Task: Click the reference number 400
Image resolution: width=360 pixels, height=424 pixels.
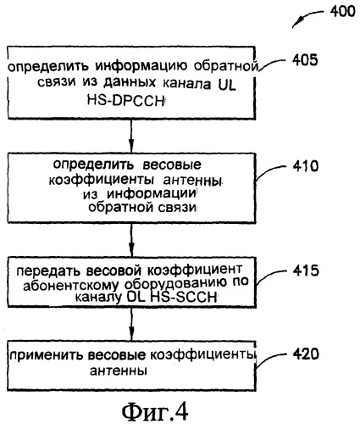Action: click(342, 12)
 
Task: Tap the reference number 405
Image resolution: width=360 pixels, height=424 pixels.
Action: click(305, 60)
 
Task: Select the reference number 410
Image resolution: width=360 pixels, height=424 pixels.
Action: click(306, 166)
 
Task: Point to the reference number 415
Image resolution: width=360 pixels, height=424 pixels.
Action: click(306, 271)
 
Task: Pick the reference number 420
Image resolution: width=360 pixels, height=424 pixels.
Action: click(306, 354)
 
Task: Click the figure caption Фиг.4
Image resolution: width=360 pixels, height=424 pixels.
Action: click(155, 411)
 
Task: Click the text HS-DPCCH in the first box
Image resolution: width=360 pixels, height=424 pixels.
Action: click(125, 100)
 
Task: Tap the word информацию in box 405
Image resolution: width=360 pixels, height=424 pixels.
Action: click(141, 66)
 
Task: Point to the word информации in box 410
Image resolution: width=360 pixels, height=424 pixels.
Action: click(152, 194)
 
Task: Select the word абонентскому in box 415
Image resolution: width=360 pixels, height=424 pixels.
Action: click(71, 285)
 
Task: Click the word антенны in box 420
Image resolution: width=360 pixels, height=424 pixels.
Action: click(119, 371)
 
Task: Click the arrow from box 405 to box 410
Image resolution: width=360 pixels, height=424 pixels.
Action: click(131, 136)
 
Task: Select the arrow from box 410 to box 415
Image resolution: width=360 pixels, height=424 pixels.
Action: click(131, 240)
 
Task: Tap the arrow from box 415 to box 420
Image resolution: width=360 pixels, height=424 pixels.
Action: click(131, 324)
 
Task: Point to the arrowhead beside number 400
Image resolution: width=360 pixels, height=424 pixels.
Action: click(297, 23)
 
